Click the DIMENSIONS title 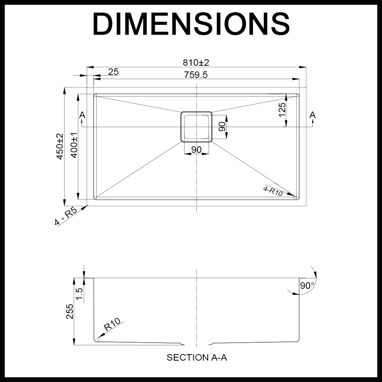click(191, 24)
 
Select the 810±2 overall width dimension click(196, 62)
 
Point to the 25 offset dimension click(113, 71)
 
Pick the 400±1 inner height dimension click(74, 146)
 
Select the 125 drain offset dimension click(282, 110)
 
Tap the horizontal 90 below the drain click(196, 149)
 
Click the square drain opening click(196, 127)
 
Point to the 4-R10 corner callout click(273, 191)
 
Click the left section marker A click(82, 115)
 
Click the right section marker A click(312, 115)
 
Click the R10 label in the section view click(112, 325)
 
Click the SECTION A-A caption click(197, 358)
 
